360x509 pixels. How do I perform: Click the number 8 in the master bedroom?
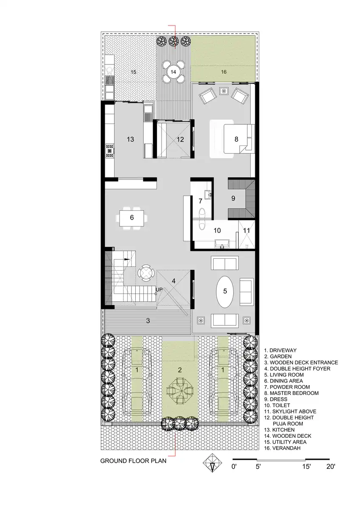click(x=236, y=139)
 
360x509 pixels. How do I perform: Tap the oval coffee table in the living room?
click(x=225, y=292)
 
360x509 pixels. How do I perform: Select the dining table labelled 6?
click(x=132, y=218)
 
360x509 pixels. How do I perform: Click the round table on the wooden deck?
click(x=173, y=72)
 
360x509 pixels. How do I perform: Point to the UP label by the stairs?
click(x=159, y=290)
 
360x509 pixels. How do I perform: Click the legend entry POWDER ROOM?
click(x=287, y=387)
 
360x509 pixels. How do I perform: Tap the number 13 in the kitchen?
click(x=130, y=139)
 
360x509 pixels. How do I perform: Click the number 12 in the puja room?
click(x=180, y=139)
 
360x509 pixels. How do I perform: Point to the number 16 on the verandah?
click(x=224, y=72)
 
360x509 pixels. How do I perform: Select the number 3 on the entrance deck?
click(x=148, y=321)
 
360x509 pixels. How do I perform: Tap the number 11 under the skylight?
click(x=246, y=231)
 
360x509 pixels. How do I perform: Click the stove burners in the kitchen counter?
click(x=110, y=151)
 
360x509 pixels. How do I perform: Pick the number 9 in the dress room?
click(x=233, y=199)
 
